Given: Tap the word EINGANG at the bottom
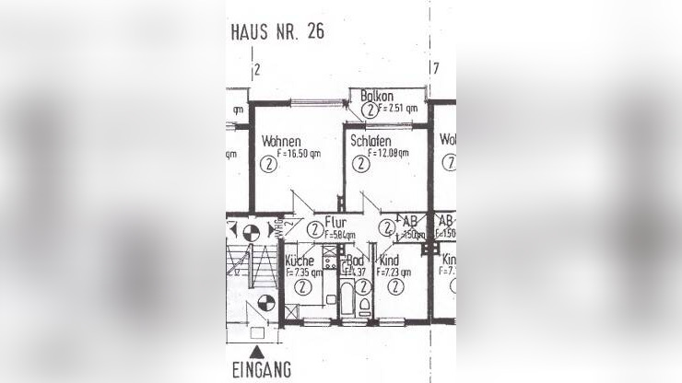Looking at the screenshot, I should [x=263, y=370].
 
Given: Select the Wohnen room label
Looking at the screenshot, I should [x=281, y=141].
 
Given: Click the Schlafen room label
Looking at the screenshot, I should [x=370, y=142].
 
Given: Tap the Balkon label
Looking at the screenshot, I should [x=378, y=96].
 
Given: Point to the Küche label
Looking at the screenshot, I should [x=300, y=261].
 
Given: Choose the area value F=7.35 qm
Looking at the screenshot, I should [x=303, y=273].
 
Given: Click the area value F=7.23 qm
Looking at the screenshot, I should [x=394, y=273].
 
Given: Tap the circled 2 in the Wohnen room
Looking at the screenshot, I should [x=267, y=165].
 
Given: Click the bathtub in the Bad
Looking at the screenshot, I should [x=348, y=301].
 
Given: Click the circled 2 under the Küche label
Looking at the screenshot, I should [x=301, y=286].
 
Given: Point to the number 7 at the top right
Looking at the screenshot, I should [x=435, y=68].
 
